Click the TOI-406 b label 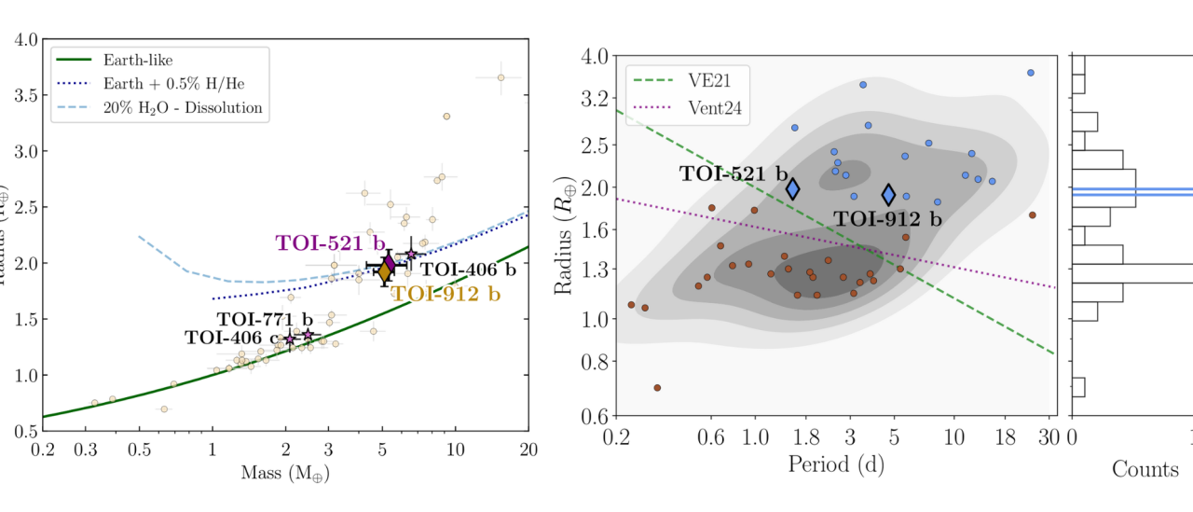click(x=467, y=270)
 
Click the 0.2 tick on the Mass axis click(x=43, y=449)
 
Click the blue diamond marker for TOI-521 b click(x=793, y=189)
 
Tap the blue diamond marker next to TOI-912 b click(x=889, y=194)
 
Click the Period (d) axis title click(x=835, y=464)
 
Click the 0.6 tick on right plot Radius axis click(x=596, y=416)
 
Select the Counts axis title click(x=1145, y=468)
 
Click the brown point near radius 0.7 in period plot click(x=657, y=387)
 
